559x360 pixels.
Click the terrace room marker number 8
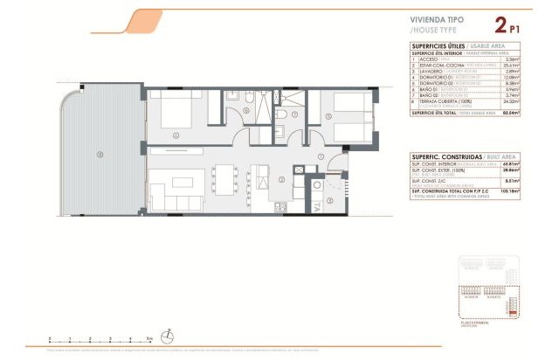point(101,156)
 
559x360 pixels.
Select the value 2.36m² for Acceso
point(512,58)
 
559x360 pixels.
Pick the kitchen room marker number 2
point(282,180)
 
